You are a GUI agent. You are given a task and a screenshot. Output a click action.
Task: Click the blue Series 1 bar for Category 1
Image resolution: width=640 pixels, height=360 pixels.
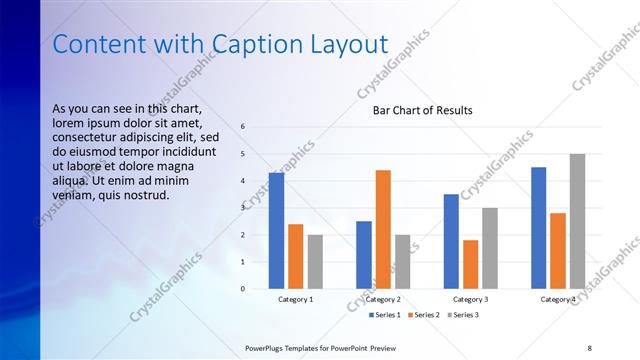tap(276, 231)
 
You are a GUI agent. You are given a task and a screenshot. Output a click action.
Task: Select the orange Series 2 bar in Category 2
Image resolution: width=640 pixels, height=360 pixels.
tap(383, 230)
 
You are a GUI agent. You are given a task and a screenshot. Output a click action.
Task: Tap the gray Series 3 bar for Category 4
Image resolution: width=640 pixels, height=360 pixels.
tap(577, 221)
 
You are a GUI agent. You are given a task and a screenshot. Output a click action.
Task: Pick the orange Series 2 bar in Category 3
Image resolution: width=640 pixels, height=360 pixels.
tap(470, 265)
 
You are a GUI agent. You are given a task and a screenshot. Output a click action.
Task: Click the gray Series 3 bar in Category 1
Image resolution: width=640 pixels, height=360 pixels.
tap(315, 262)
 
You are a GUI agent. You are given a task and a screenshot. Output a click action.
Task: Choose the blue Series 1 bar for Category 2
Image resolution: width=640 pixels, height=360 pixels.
tap(364, 255)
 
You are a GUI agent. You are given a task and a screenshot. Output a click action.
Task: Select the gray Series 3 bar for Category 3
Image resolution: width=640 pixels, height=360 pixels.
tap(490, 249)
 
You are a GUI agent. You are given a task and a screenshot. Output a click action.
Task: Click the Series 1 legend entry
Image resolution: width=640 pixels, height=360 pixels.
tap(385, 315)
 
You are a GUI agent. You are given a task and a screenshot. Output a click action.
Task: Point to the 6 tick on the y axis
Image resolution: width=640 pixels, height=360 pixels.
tap(243, 127)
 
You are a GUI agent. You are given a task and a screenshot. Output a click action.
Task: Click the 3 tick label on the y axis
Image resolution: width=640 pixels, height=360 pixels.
tap(243, 208)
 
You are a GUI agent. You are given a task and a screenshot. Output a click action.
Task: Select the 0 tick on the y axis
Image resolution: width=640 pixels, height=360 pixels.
tap(243, 289)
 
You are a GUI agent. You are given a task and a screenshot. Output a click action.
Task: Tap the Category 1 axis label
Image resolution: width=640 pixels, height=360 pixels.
tap(296, 299)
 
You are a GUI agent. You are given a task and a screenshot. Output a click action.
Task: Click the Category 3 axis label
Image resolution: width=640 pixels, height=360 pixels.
tap(470, 299)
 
